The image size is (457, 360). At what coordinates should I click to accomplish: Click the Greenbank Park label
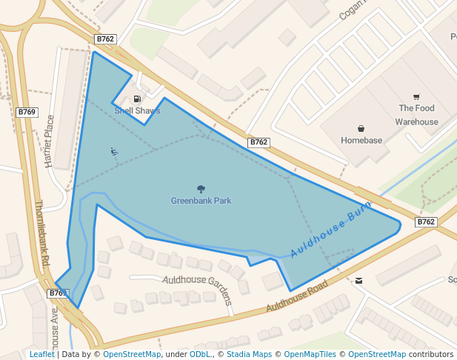pyautogui.click(x=201, y=201)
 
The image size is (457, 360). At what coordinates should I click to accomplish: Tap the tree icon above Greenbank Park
pyautogui.click(x=201, y=189)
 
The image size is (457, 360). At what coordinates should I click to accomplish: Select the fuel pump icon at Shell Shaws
pyautogui.click(x=137, y=99)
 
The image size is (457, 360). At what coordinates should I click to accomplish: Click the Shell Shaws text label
pyautogui.click(x=137, y=111)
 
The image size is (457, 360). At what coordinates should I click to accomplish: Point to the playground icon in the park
pyautogui.click(x=113, y=151)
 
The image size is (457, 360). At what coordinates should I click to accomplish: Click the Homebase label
pyautogui.click(x=361, y=141)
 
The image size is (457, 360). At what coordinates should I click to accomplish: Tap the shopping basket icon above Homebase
pyautogui.click(x=361, y=128)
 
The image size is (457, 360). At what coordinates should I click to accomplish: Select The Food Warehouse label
pyautogui.click(x=416, y=115)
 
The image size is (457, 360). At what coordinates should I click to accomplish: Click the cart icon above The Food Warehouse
pyautogui.click(x=416, y=97)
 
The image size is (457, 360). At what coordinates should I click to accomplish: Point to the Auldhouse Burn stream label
pyautogui.click(x=330, y=233)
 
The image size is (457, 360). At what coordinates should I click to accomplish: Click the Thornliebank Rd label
pyautogui.click(x=42, y=233)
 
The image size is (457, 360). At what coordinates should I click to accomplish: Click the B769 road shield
pyautogui.click(x=27, y=113)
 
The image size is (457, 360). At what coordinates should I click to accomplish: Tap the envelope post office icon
pyautogui.click(x=359, y=281)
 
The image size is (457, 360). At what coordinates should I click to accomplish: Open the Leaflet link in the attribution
pyautogui.click(x=41, y=355)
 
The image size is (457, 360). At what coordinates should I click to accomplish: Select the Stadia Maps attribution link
pyautogui.click(x=248, y=355)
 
